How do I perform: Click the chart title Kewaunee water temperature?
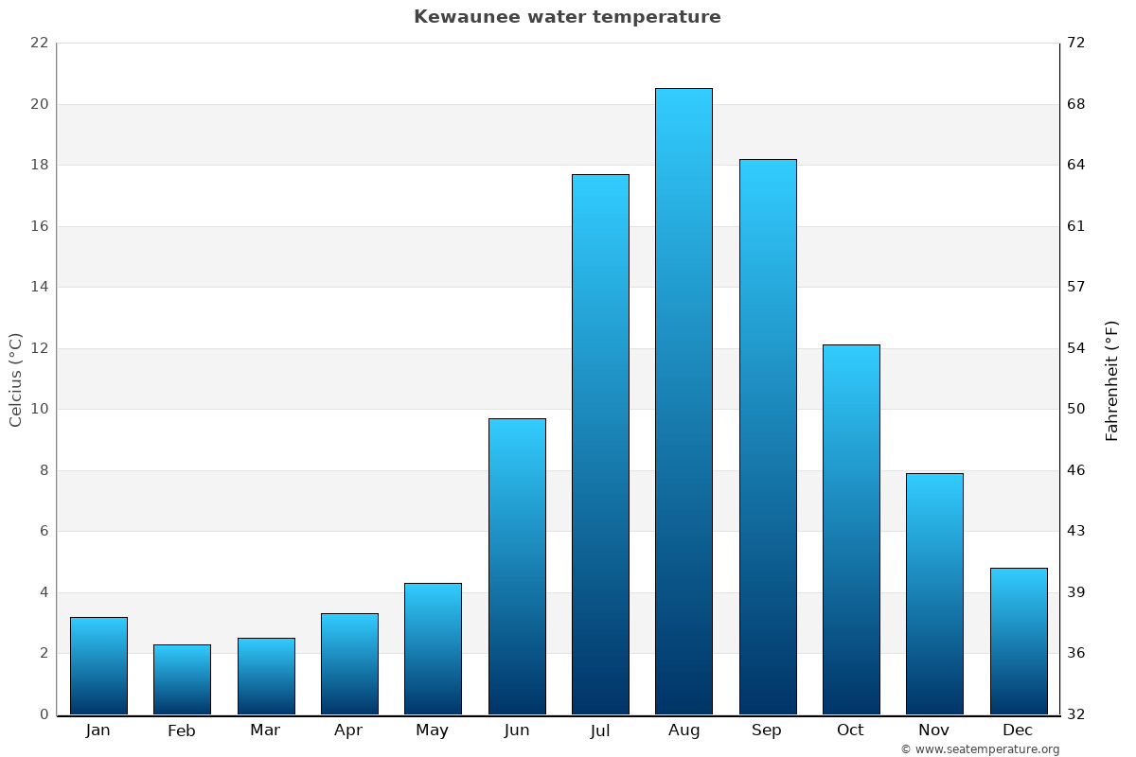(x=567, y=17)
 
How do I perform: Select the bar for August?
(x=683, y=401)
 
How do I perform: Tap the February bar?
(x=182, y=679)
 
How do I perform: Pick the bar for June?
(x=517, y=566)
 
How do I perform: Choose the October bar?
(x=851, y=530)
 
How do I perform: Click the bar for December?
(x=1019, y=641)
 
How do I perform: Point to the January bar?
(x=98, y=665)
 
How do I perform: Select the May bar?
(x=433, y=648)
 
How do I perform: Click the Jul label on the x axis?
(x=600, y=731)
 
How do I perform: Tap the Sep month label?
(x=767, y=731)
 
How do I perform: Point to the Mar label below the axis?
(x=265, y=731)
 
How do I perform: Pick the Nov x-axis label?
(x=934, y=731)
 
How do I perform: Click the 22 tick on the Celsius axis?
(x=39, y=43)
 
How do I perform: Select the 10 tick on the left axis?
(x=39, y=409)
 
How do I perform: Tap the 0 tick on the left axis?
(x=44, y=714)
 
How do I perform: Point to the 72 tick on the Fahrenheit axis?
(x=1076, y=43)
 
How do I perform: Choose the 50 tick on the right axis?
(x=1076, y=409)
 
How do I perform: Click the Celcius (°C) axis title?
(x=16, y=379)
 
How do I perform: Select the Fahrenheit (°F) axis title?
(x=1112, y=380)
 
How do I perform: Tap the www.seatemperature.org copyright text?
(x=980, y=749)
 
